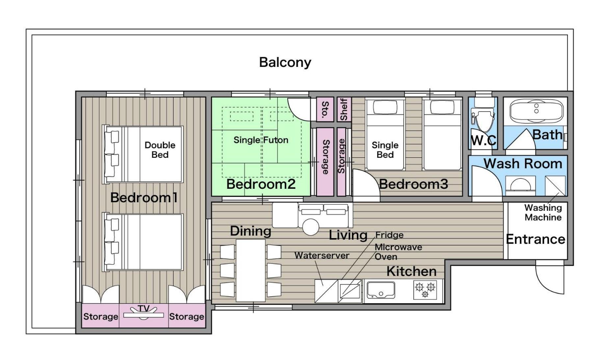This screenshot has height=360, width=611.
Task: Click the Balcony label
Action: pos(285,63)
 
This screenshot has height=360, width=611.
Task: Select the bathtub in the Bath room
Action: pos(536,111)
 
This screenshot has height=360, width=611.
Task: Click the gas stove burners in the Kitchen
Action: pos(425,290)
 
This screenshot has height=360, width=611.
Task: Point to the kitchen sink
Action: pos(381,290)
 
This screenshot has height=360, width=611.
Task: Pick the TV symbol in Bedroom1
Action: pos(144,313)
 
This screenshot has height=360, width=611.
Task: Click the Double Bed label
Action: pos(160,150)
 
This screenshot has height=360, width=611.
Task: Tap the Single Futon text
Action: pos(261,140)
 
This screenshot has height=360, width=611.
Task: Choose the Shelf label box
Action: pos(344,109)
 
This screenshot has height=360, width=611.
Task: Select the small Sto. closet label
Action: pos(325,109)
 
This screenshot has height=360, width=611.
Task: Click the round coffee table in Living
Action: pos(310,227)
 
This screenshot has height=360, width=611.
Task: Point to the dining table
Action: pos(251,270)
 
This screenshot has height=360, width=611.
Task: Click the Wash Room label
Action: pos(523,164)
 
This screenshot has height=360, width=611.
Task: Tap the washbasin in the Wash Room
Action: pos(520,186)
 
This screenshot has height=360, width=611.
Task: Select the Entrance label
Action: pos(536,239)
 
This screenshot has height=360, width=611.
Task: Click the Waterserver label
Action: pos(322,255)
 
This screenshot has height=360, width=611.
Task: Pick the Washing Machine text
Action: pos(543,212)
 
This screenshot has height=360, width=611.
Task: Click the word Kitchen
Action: pos(412,271)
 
